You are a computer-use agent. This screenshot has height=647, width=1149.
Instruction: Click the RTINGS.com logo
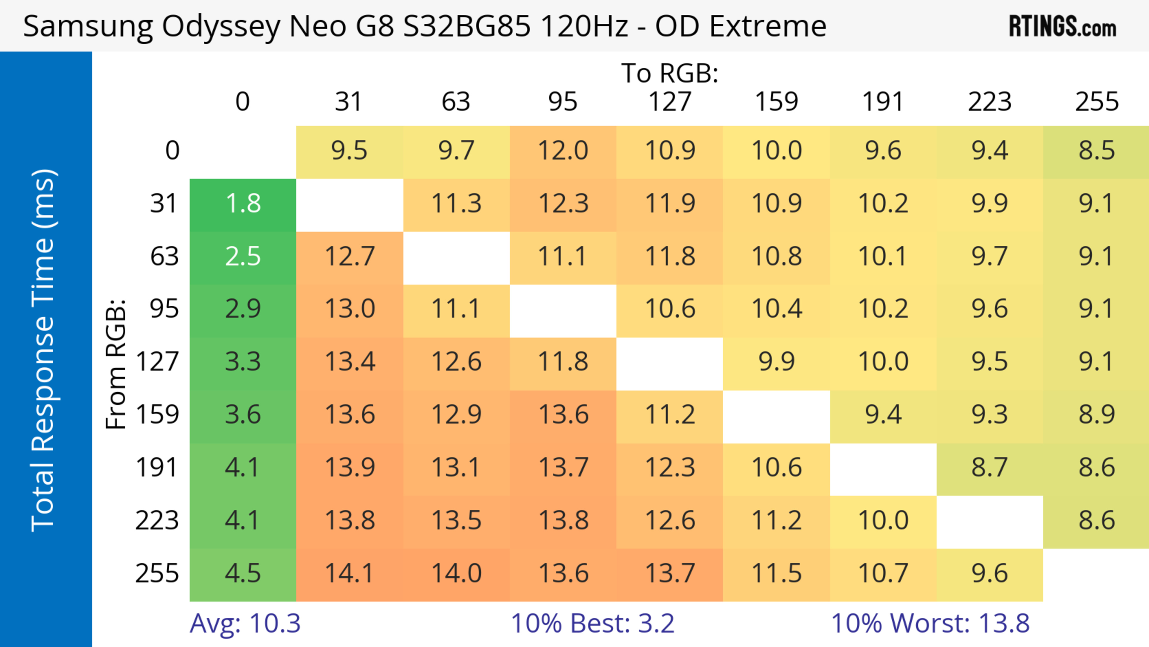[1063, 27]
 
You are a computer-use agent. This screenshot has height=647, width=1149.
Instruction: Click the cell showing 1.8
[243, 204]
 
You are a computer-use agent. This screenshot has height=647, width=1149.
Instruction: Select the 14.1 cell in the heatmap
[349, 573]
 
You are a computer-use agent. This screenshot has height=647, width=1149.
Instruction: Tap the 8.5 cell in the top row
[1096, 151]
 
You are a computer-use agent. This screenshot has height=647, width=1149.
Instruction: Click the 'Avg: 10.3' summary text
[245, 623]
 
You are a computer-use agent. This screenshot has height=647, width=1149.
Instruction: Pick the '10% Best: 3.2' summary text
[592, 623]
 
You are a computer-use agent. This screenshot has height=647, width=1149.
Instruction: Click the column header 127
[670, 102]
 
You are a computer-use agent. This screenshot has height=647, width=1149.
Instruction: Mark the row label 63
[164, 257]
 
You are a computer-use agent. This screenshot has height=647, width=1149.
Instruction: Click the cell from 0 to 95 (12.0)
[563, 151]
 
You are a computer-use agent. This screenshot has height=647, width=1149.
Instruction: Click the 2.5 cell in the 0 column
[243, 257]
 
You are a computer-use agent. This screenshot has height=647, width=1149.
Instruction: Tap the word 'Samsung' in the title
[88, 27]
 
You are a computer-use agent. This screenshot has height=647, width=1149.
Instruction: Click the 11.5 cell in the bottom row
[776, 573]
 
